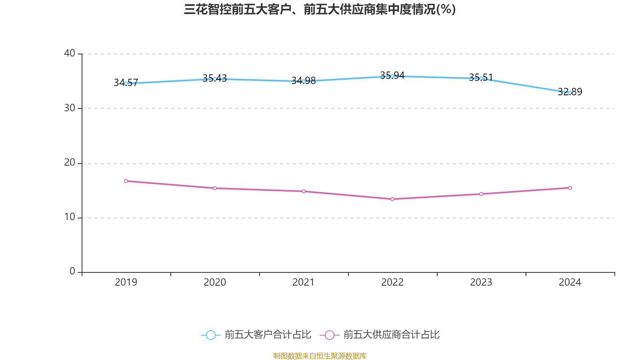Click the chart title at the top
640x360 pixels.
[320, 9]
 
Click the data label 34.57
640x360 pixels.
[126, 82]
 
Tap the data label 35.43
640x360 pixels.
[214, 78]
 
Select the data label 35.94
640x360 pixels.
[392, 75]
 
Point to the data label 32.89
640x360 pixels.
[570, 92]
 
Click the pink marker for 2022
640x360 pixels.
[392, 199]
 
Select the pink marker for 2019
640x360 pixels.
[126, 181]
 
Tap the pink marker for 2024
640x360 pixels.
[570, 188]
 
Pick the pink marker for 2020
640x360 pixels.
[215, 188]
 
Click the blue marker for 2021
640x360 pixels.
[304, 81]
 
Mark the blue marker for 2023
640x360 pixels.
[481, 78]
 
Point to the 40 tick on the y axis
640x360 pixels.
[70, 53]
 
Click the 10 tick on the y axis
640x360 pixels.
[70, 217]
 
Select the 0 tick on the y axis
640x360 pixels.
[72, 271]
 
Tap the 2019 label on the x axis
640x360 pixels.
[126, 282]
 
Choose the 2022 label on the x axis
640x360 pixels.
[392, 282]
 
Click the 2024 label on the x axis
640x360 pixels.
[570, 282]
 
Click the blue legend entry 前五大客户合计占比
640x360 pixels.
[256, 335]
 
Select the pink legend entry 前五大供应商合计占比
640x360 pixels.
[380, 335]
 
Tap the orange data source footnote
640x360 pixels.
[320, 356]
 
